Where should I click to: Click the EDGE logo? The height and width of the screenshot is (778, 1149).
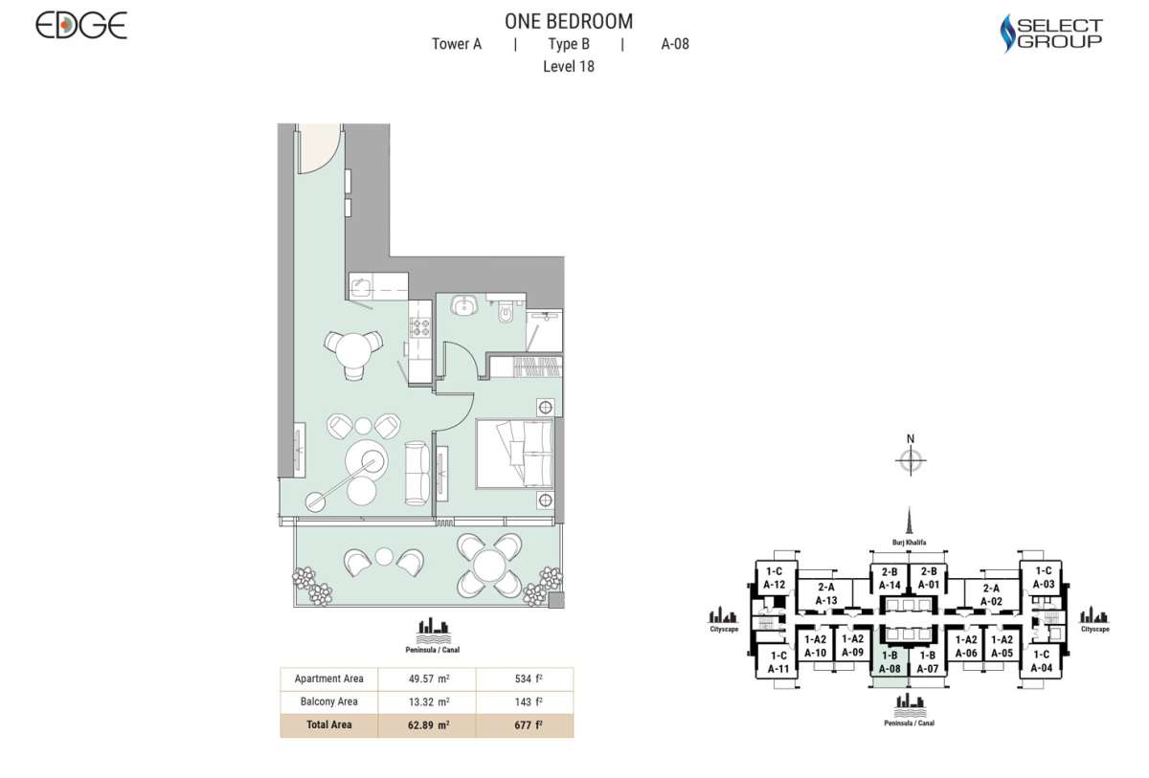pos(81,26)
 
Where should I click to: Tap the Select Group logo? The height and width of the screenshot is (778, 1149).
pos(1051,33)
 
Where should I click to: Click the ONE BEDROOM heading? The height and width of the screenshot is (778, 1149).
pos(569,21)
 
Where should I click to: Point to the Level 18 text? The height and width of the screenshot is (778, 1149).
pos(569,66)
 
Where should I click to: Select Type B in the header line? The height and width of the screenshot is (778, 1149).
pos(569,44)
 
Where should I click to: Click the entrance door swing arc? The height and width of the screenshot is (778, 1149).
pos(320,150)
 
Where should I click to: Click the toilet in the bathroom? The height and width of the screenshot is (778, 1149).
pos(507,309)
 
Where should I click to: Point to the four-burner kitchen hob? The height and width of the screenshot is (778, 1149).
pos(419,327)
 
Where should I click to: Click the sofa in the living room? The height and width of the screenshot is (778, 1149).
pos(417,472)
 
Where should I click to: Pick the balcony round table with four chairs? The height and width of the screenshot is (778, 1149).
pos(488,564)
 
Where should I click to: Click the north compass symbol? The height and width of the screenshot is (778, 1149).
pos(911,460)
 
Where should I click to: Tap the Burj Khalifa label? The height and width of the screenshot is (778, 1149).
pos(911,542)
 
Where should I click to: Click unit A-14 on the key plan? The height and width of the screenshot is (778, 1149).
pos(890,578)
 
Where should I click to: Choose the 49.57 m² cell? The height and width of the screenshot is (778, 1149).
pos(427,678)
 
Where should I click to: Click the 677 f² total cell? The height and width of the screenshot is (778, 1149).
pos(525,724)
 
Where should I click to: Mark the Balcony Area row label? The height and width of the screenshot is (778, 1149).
pos(328,701)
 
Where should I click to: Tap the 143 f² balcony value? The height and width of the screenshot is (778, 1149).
pos(525,701)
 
